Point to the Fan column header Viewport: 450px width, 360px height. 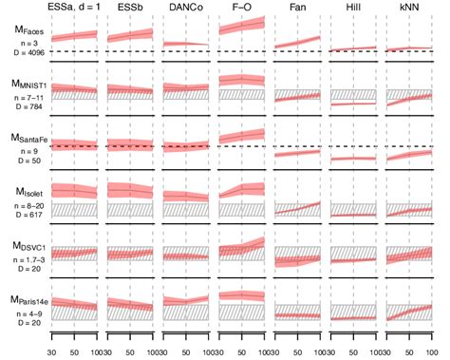(296, 8)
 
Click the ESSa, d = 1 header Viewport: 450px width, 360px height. (75, 8)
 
